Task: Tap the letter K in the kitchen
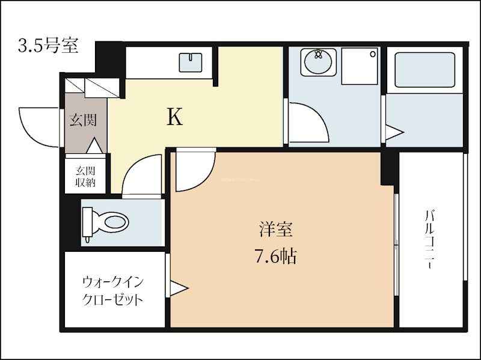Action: coord(174,117)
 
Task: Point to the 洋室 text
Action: coord(276,230)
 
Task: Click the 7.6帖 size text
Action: coord(275,257)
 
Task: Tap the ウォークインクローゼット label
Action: coord(112,290)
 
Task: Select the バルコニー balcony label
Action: coord(430,239)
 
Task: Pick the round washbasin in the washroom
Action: coord(318,63)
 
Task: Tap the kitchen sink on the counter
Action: coord(192,63)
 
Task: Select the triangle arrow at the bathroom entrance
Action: coord(392,133)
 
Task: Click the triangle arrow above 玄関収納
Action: coord(94,145)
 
